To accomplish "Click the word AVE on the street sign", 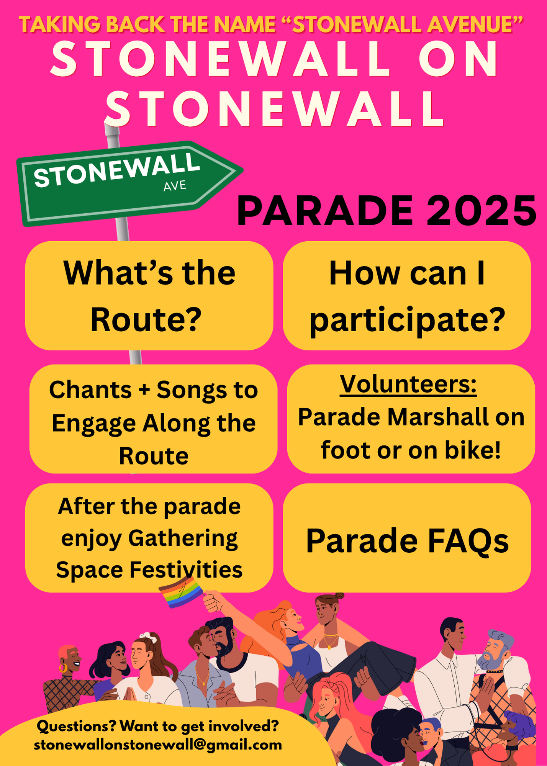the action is click(175, 186).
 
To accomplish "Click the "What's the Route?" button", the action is click(149, 296).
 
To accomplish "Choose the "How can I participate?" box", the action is click(407, 296).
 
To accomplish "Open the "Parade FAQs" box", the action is click(407, 538).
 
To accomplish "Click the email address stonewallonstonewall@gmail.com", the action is click(158, 745).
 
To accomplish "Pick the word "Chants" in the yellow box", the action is click(90, 390).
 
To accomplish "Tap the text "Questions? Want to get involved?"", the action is click(158, 726).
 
